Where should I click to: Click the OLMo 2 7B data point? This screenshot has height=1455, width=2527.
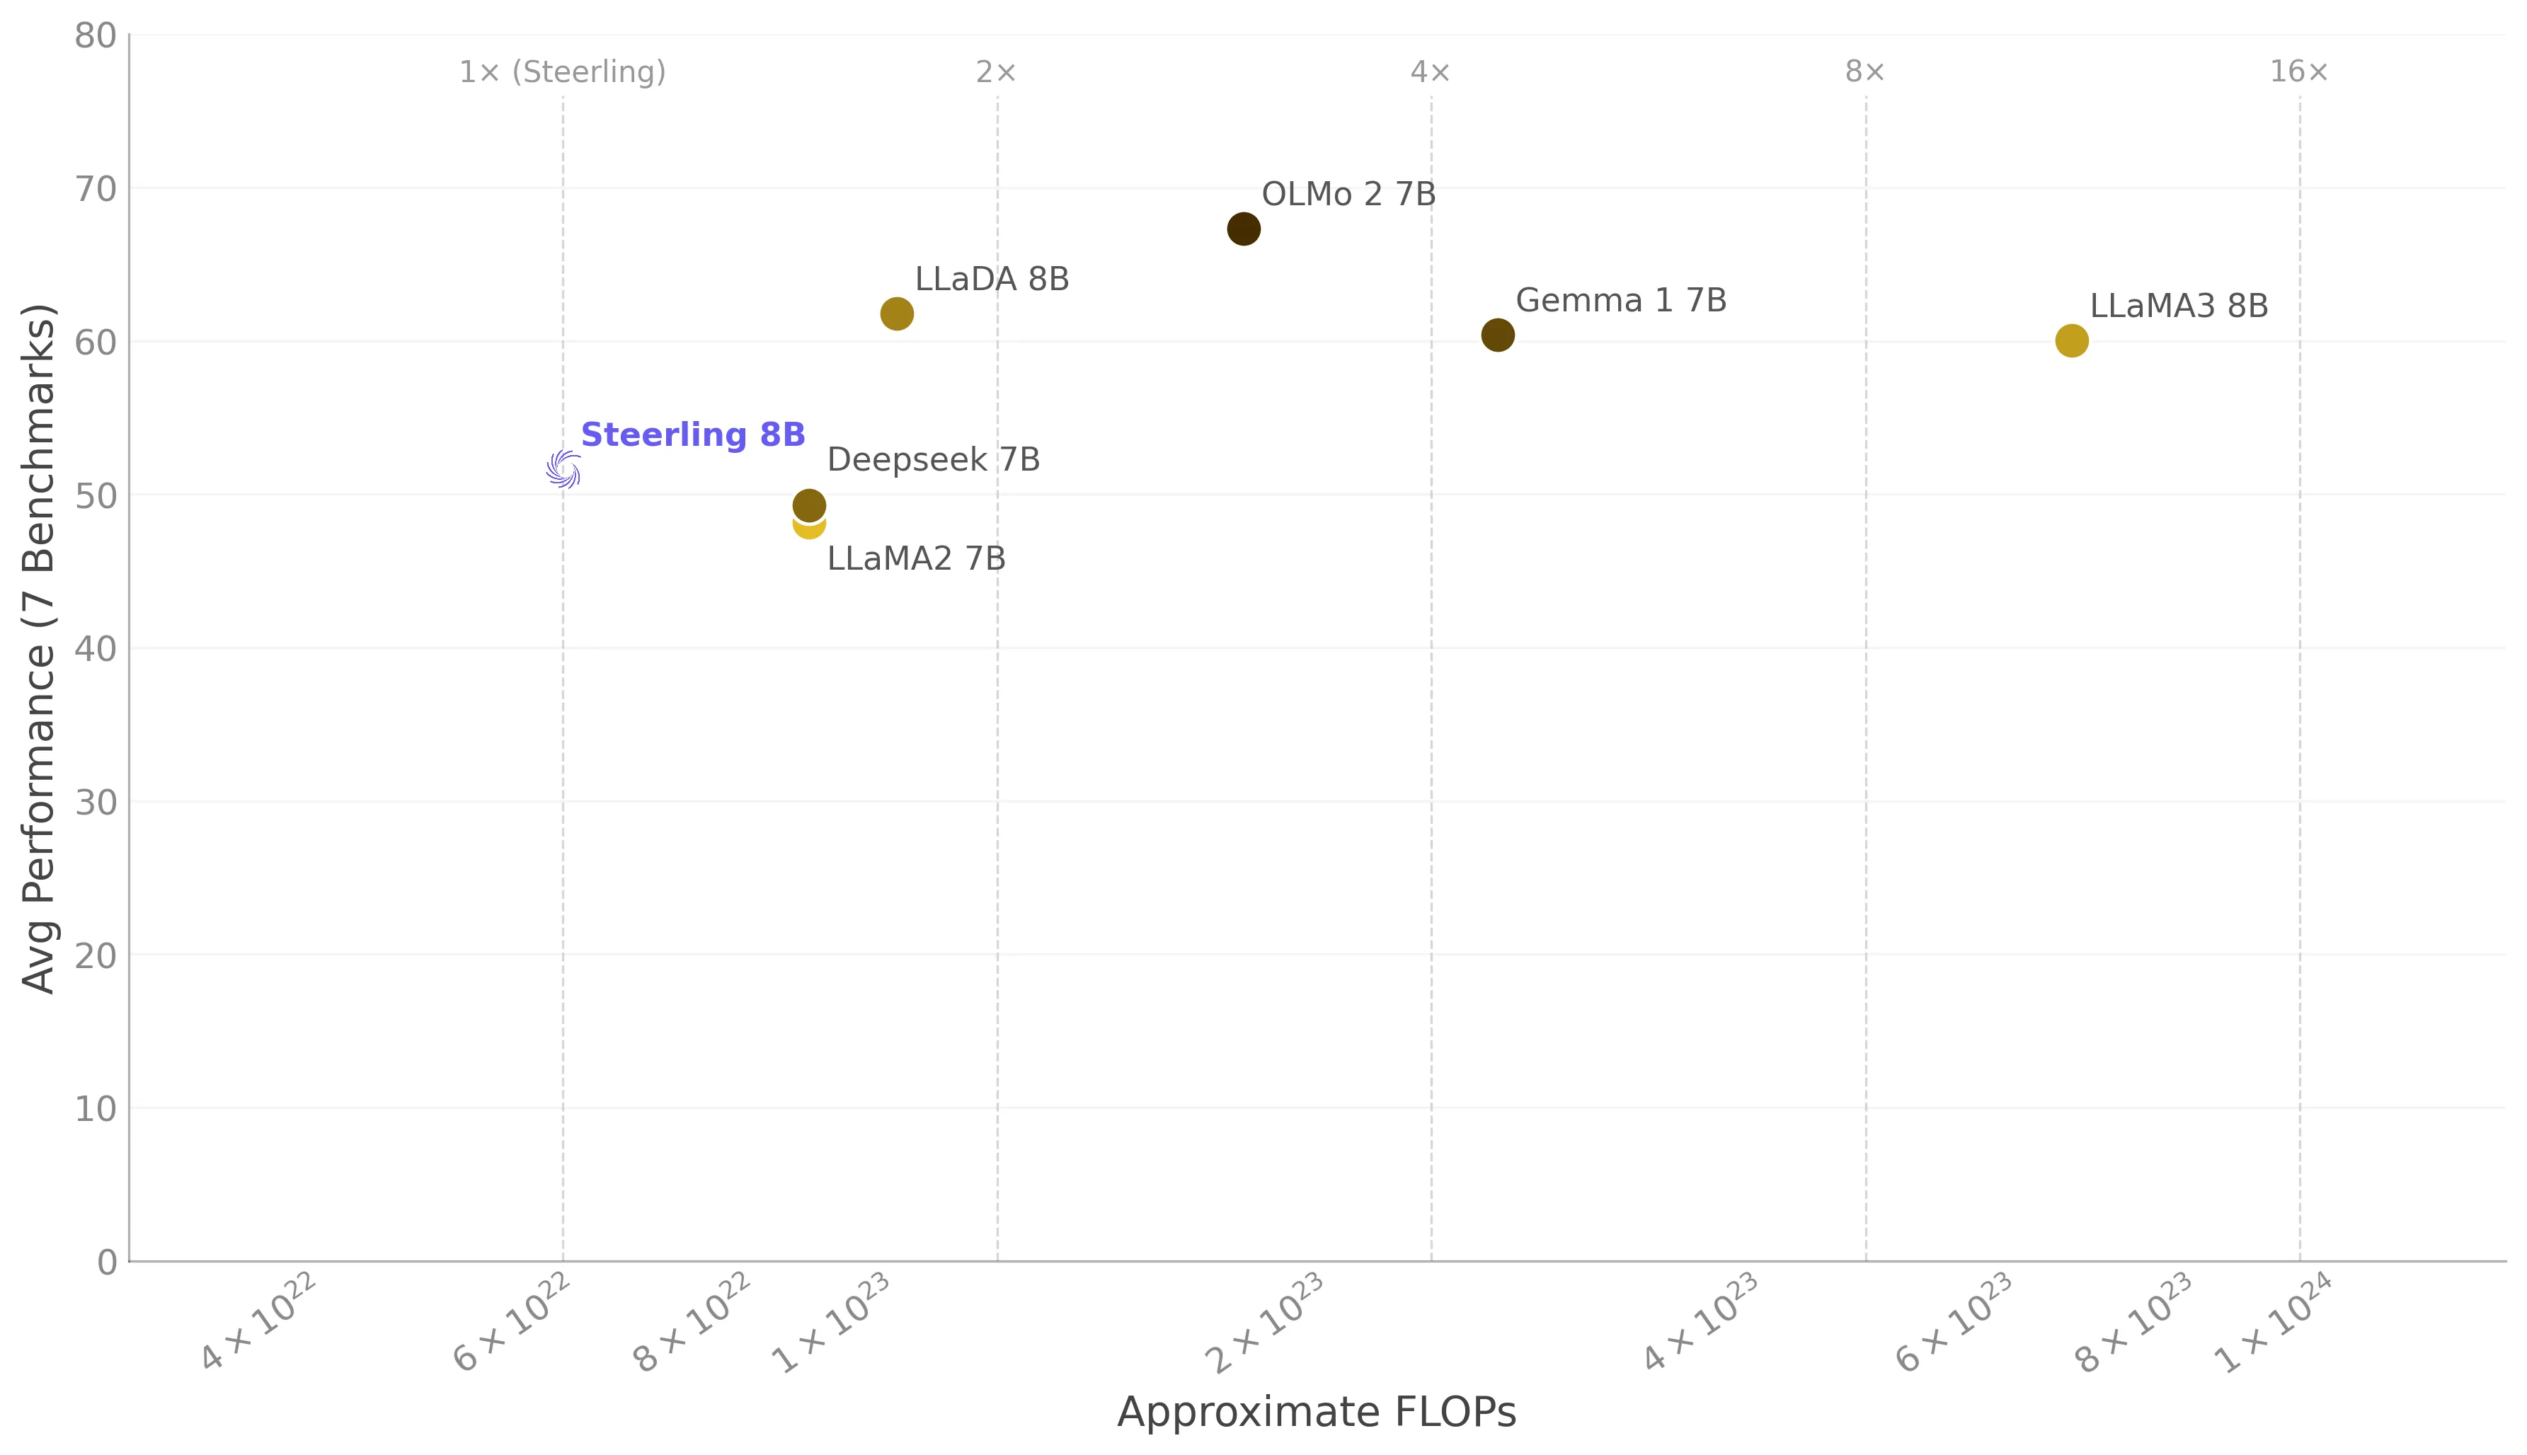coord(1243,229)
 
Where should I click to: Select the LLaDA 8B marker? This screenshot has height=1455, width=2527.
coord(896,314)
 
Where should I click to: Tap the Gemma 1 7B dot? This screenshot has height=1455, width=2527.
coord(1497,335)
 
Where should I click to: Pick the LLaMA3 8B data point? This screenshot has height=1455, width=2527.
coord(2071,341)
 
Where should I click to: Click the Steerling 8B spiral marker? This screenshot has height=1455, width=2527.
coord(563,468)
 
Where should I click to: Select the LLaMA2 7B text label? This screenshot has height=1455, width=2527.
coord(915,558)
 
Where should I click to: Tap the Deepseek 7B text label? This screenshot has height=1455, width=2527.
coord(933,460)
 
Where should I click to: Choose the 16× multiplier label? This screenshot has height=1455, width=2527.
coord(2298,72)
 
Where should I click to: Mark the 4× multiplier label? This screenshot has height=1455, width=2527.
coord(1430,72)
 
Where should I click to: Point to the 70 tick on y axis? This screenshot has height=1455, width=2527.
coord(96,189)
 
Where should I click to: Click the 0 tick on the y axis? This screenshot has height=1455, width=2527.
coord(107,1262)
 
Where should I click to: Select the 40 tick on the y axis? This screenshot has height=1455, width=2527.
coord(96,648)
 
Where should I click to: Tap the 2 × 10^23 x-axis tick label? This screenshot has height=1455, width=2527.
coord(1265,1323)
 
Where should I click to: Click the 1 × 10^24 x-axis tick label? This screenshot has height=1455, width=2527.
coord(2273,1323)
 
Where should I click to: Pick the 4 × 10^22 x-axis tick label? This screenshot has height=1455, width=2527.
coord(258,1323)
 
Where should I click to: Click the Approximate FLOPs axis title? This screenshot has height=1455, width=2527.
coord(1316,1412)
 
